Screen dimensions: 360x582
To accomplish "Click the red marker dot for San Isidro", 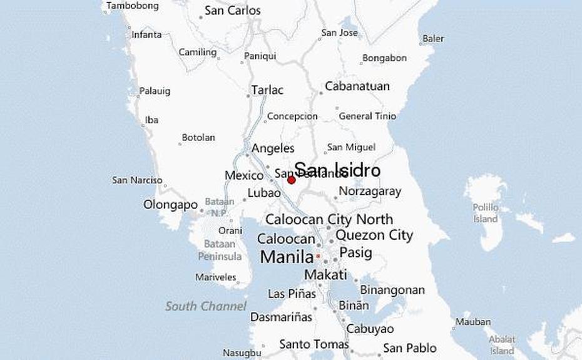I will tap(291, 180).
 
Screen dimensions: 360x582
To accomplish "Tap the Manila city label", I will tap(286, 257).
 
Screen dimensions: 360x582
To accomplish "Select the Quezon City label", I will tap(374, 235).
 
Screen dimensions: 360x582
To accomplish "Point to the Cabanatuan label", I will tap(357, 86).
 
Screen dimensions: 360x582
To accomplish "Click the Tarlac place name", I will tap(267, 90).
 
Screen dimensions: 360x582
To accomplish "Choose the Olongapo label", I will tap(171, 205).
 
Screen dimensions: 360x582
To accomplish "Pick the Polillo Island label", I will tap(486, 213).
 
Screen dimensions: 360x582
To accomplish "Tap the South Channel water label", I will tap(206, 306).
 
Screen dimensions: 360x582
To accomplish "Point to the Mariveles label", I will tap(216, 277).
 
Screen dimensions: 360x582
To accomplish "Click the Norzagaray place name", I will tap(369, 192).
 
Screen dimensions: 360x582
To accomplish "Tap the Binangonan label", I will tap(392, 290).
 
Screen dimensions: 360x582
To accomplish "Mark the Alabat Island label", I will tap(502, 345).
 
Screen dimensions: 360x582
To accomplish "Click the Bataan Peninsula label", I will tap(220, 250).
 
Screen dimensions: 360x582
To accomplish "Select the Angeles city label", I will tap(273, 148).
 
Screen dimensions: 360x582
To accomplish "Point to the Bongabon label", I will tap(384, 58).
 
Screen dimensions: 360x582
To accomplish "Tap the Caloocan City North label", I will tap(329, 220).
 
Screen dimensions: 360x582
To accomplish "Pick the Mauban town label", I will tap(473, 322).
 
